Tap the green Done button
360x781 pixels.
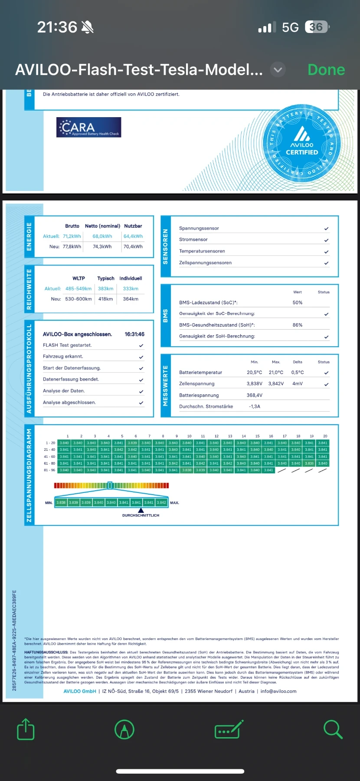326,70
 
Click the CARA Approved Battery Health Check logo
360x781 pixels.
88,128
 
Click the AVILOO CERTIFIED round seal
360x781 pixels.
302,144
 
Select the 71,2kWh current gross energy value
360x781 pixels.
72,236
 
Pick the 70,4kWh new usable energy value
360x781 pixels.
133,246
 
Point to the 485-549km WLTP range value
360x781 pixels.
79,289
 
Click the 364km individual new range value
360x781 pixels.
131,299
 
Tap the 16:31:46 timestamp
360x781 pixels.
134,334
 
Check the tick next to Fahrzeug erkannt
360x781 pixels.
141,357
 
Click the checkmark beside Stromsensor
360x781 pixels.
326,240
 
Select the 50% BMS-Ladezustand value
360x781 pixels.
298,302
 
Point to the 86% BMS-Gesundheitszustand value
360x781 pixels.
298,325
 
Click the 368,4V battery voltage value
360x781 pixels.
255,395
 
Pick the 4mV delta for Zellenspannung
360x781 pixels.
298,384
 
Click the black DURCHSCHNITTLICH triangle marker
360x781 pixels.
141,510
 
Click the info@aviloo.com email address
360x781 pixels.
278,691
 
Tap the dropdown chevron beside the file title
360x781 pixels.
278,69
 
